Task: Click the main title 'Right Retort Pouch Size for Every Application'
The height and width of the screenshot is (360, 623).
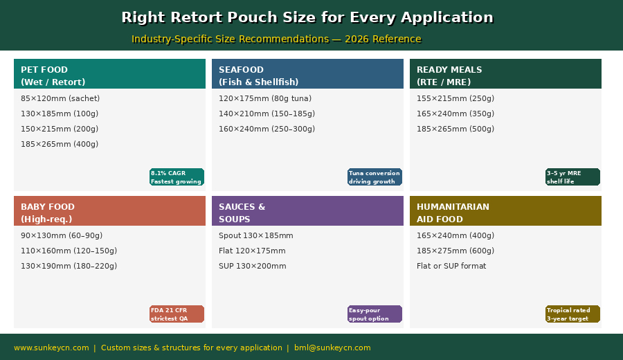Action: point(307,17)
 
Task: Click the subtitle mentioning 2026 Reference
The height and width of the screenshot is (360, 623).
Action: point(276,39)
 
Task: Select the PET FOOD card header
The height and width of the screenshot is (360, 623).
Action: point(109,74)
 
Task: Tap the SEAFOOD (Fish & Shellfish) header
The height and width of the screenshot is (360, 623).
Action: point(307,74)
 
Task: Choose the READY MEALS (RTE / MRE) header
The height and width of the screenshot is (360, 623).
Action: point(505,74)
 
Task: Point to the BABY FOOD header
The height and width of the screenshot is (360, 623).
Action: point(109,211)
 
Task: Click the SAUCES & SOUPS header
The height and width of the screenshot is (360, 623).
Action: point(307,211)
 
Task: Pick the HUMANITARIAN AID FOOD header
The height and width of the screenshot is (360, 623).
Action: point(505,211)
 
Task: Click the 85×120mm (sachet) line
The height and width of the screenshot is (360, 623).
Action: point(60,98)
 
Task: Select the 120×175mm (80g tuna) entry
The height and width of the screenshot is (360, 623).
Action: point(265,98)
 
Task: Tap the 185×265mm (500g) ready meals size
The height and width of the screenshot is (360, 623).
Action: point(455,129)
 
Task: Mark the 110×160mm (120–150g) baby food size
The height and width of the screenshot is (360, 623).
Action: point(69,251)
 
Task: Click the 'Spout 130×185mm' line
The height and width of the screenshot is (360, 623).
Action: point(256,235)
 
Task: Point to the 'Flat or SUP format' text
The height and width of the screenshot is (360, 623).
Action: point(451,266)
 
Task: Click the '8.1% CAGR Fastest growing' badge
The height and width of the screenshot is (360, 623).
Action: point(177,177)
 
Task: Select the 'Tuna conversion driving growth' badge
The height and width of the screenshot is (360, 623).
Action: point(374,177)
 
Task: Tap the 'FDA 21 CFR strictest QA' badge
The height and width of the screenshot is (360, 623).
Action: point(177,314)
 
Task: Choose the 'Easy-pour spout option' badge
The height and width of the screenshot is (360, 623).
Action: point(374,314)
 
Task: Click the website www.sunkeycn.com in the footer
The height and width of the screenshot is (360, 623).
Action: point(51,348)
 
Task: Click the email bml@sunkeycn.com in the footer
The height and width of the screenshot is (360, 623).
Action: point(332,348)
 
